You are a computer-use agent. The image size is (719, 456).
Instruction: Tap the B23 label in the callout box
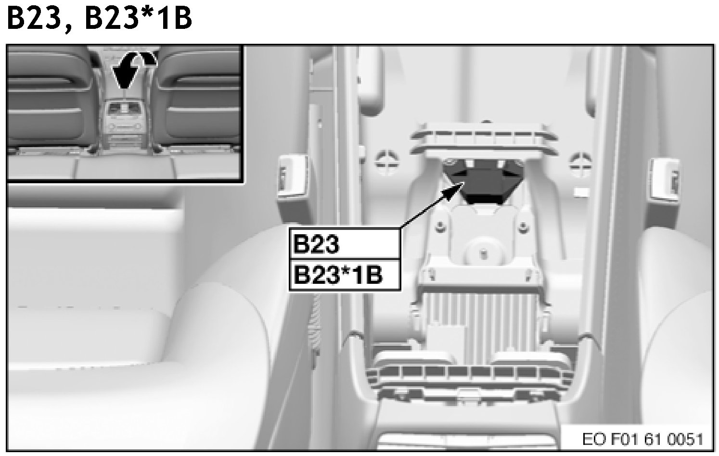(x=316, y=244)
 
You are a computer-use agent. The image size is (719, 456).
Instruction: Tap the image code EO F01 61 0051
(x=642, y=439)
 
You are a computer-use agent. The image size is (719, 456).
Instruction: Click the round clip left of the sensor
(x=387, y=162)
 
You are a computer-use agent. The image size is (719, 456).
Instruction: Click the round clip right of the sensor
(x=581, y=164)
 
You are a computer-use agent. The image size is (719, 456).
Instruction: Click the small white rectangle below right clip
(x=581, y=192)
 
